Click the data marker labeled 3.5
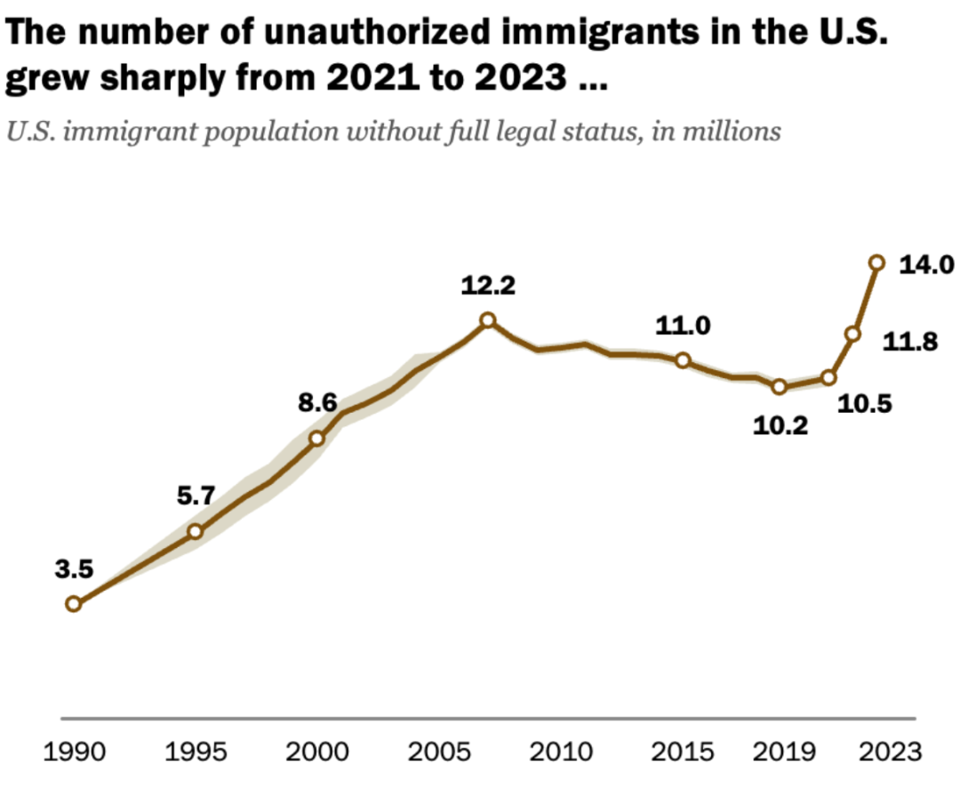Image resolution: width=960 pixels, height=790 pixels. coord(74,604)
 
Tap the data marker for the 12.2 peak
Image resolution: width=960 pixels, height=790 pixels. coord(487,320)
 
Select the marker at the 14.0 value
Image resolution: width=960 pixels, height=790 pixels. coord(876,262)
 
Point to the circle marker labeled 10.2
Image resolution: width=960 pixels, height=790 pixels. coord(780,386)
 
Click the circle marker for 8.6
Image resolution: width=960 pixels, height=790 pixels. coord(316,438)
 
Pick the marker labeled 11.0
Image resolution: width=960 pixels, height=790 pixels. coord(683,360)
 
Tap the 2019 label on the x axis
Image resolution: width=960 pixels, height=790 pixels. coord(780,752)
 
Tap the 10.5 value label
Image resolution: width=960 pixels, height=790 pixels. coord(866,405)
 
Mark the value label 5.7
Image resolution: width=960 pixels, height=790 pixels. coord(196,496)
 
